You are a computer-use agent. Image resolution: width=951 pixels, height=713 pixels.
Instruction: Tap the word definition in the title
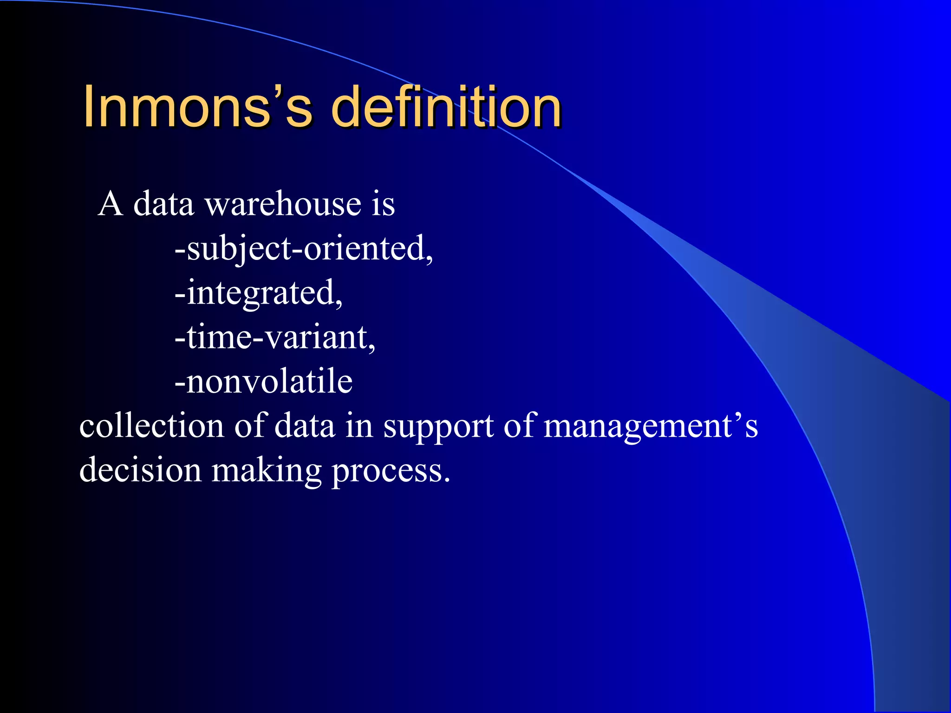pos(446,108)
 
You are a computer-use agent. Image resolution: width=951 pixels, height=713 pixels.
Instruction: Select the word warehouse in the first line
pos(283,204)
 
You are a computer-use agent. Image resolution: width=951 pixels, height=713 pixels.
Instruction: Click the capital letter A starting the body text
pos(111,204)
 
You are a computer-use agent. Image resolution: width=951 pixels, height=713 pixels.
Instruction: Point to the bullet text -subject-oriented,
pos(304,248)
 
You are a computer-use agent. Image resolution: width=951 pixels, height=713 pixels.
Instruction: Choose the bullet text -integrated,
pos(259,293)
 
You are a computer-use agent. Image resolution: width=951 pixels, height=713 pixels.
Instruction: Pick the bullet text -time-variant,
pos(275,337)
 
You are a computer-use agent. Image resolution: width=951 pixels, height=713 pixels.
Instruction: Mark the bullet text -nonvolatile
pos(263,382)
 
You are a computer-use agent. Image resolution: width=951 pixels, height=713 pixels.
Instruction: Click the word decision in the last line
pos(140,470)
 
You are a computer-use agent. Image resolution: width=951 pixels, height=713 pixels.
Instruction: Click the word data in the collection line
pos(305,426)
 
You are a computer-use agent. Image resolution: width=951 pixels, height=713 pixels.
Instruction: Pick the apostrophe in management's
pos(739,415)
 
